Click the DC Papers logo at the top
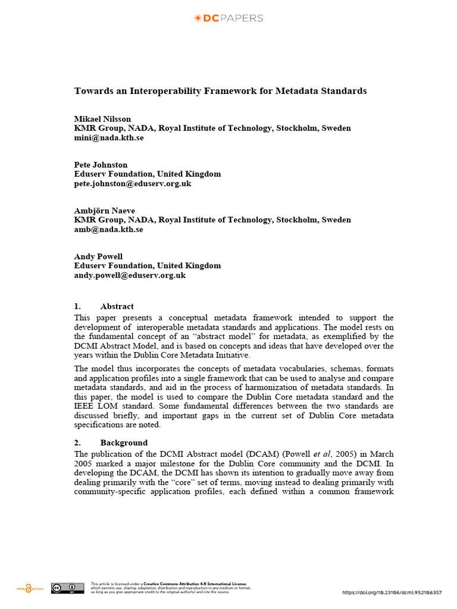point(228,18)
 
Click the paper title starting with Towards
point(220,91)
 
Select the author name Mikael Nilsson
point(102,118)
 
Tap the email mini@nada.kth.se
point(109,137)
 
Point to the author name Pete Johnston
point(101,165)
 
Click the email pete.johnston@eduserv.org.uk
point(133,184)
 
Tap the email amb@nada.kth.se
point(108,230)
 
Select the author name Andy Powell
point(98,256)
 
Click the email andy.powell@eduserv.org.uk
point(130,275)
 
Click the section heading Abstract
point(117,306)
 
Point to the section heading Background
point(124,442)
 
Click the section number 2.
point(77,442)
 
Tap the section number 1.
point(77,306)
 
